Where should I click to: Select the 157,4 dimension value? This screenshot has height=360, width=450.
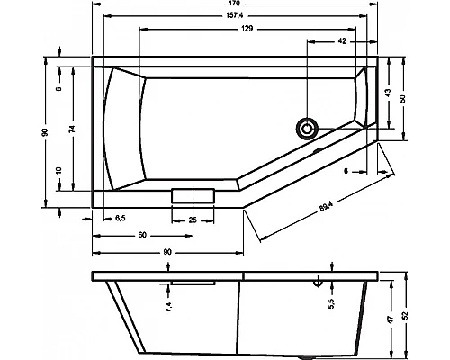pyautogui.click(x=238, y=17)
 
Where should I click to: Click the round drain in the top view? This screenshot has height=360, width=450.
pyautogui.click(x=310, y=128)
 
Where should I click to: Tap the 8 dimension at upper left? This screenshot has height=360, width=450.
pyautogui.click(x=58, y=88)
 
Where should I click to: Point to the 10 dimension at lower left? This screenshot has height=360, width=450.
pyautogui.click(x=58, y=170)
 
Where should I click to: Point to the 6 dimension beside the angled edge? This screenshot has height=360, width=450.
pyautogui.click(x=346, y=170)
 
